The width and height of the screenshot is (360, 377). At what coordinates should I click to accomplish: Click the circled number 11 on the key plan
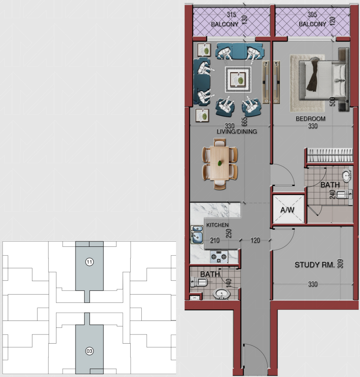(x=89, y=262)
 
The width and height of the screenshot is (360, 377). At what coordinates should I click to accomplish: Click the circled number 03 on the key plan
(x=89, y=351)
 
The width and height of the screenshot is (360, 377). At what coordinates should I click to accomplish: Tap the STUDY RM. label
(x=315, y=265)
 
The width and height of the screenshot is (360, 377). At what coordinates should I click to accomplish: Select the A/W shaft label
(x=287, y=210)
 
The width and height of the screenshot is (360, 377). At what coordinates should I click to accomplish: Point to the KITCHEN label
(x=217, y=225)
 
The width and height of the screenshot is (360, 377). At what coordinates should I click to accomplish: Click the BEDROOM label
(x=310, y=119)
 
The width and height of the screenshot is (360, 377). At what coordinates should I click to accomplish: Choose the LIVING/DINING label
(x=237, y=131)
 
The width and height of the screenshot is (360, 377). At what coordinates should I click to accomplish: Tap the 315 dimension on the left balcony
(x=231, y=14)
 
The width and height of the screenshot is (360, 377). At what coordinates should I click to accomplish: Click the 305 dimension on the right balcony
(x=312, y=14)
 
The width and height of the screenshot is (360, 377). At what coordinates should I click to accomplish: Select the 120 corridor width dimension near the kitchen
(x=255, y=240)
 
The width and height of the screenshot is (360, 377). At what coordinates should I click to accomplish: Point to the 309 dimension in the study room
(x=340, y=264)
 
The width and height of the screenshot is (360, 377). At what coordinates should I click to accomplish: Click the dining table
(x=219, y=163)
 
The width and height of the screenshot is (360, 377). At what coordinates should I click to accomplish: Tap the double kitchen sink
(x=197, y=234)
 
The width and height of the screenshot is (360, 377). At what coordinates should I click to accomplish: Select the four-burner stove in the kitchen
(x=219, y=257)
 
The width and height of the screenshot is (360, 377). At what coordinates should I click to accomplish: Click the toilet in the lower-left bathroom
(x=199, y=282)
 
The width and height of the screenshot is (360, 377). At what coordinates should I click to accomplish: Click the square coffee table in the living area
(x=238, y=79)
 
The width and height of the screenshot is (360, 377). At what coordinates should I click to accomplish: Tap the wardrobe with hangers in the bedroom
(x=330, y=155)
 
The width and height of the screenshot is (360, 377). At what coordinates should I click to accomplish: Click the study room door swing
(x=283, y=240)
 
